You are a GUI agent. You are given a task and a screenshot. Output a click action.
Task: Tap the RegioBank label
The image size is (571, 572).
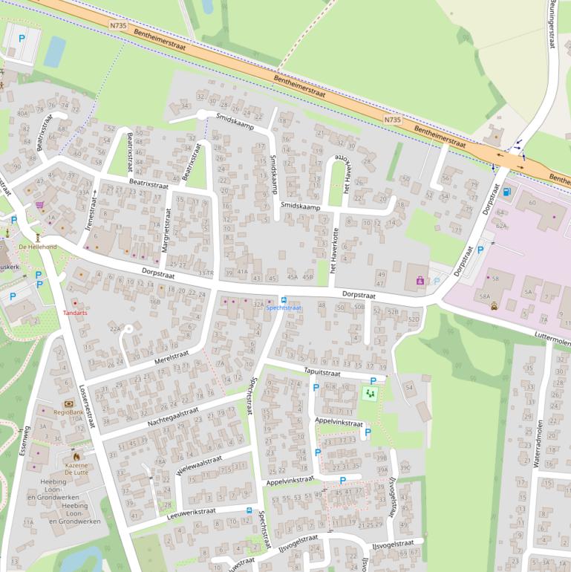68,411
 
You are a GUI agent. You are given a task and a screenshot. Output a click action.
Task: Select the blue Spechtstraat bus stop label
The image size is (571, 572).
284,307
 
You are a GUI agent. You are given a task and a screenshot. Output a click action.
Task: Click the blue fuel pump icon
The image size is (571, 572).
507,191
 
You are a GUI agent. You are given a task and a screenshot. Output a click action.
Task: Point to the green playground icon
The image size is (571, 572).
369,392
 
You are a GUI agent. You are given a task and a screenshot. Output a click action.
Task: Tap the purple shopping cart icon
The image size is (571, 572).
39,205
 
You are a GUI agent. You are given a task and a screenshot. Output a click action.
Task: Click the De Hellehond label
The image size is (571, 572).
37,246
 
